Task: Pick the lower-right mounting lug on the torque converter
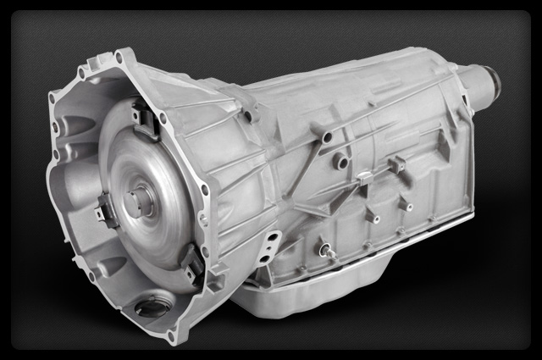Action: [191, 263]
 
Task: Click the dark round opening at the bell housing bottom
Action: [150, 307]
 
